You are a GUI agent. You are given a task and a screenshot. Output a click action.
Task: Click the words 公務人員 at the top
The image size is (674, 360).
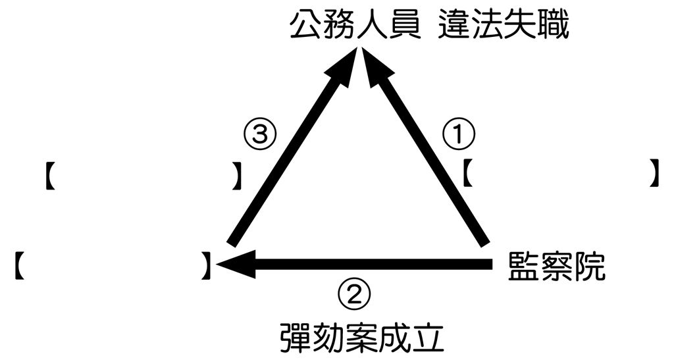(x=355, y=26)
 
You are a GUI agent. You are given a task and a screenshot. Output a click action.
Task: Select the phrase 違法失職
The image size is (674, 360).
(x=504, y=26)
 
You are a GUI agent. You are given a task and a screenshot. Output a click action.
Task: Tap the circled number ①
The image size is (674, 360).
(x=459, y=134)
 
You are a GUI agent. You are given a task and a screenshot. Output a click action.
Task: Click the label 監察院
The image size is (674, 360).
(x=556, y=267)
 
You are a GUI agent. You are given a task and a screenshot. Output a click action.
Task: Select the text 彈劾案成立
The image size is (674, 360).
(x=362, y=337)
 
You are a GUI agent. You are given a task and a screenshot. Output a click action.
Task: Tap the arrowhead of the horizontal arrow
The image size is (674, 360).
(x=236, y=263)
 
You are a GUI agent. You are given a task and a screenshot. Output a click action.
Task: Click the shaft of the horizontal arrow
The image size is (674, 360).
(x=373, y=264)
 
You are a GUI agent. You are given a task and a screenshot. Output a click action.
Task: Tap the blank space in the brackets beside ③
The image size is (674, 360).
(x=143, y=175)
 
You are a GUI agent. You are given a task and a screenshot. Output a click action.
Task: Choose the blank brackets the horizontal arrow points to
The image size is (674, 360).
(x=113, y=266)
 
